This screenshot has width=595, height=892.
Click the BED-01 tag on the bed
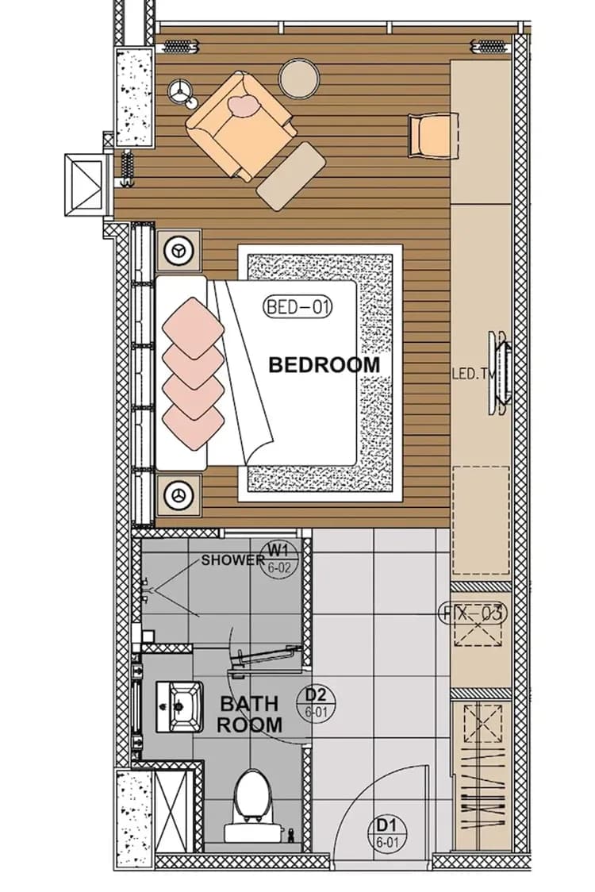coord(297,306)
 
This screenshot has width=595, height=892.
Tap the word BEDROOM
coord(324,365)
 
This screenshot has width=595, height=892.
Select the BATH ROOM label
coord(249,714)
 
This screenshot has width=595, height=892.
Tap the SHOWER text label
coord(232,560)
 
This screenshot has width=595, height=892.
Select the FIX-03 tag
coord(474,613)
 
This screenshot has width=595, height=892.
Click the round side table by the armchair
coord(300,78)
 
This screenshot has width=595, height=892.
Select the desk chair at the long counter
coord(432,136)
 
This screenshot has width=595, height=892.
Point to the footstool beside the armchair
coord(291,175)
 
